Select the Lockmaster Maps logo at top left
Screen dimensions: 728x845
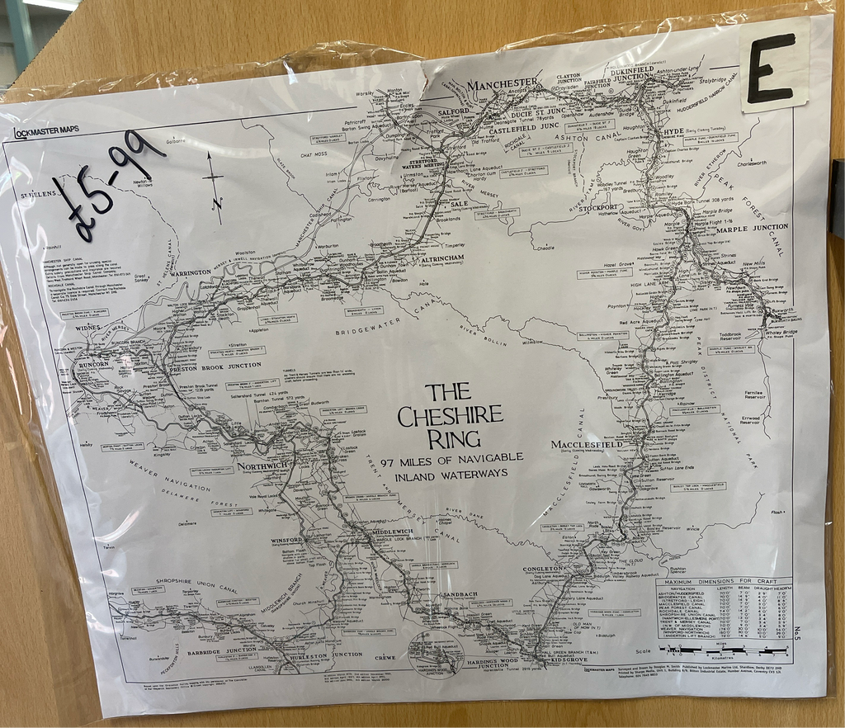click(x=46, y=132)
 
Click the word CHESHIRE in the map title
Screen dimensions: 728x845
click(x=450, y=415)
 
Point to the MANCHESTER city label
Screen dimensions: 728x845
click(x=502, y=84)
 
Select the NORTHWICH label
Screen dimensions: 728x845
click(x=262, y=466)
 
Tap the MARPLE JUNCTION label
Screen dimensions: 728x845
click(x=752, y=227)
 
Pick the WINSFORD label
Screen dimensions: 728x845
click(x=288, y=541)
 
